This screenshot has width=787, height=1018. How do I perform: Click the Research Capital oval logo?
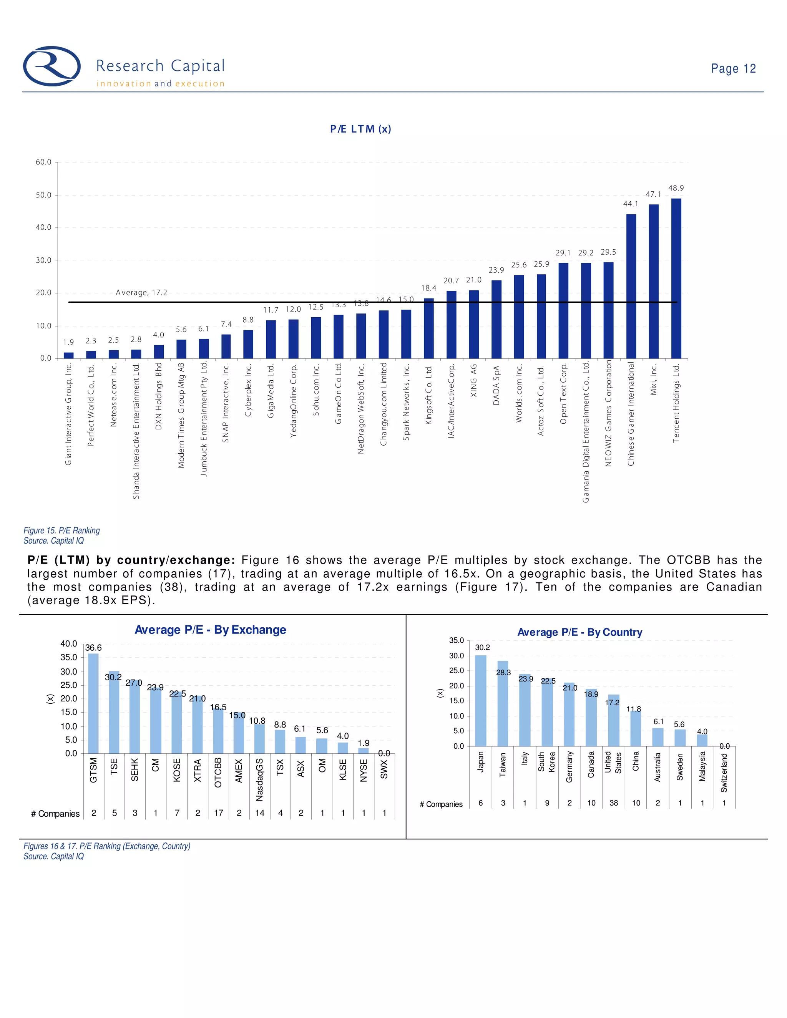52,66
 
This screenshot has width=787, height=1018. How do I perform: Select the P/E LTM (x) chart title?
360,129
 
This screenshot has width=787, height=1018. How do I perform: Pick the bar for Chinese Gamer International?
631,286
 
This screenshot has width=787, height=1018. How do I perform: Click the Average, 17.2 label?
141,293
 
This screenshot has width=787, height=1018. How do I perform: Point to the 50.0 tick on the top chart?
44,195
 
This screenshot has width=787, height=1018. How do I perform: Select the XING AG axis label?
474,380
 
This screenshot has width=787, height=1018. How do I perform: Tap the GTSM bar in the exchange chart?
93,703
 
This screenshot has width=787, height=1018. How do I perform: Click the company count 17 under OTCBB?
218,813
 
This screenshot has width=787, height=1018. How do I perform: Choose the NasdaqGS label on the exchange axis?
260,779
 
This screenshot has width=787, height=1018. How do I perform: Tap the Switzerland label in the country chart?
724,773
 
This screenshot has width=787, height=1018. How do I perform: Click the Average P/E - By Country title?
579,633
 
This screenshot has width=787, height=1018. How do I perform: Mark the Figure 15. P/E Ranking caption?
61,531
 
